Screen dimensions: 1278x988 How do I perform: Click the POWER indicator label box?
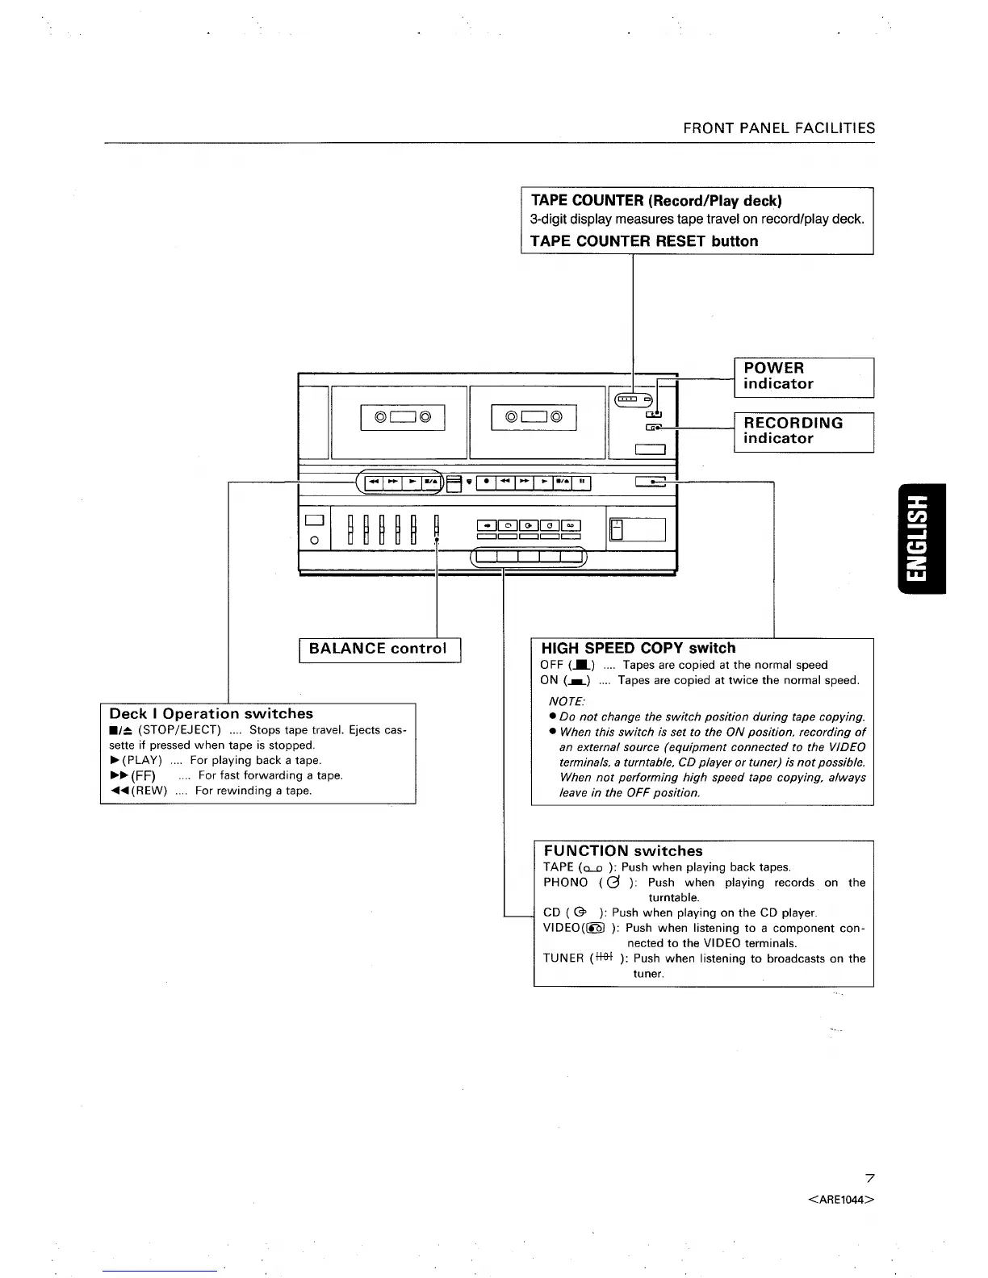tap(803, 377)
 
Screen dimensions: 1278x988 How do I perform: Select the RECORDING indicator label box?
tap(803, 432)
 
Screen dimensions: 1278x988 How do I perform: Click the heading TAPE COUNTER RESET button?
tap(644, 241)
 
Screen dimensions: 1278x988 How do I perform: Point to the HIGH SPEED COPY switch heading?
tap(638, 648)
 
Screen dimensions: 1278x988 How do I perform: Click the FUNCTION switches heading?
tap(622, 851)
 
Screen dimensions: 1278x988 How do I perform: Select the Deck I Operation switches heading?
tap(211, 714)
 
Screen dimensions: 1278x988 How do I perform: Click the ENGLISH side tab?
tap(918, 538)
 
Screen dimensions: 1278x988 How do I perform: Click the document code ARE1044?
tap(841, 1200)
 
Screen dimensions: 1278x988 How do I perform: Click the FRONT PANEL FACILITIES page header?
tap(779, 128)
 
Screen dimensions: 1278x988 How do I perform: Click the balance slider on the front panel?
tap(437, 529)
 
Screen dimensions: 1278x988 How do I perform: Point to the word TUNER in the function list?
tap(563, 958)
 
